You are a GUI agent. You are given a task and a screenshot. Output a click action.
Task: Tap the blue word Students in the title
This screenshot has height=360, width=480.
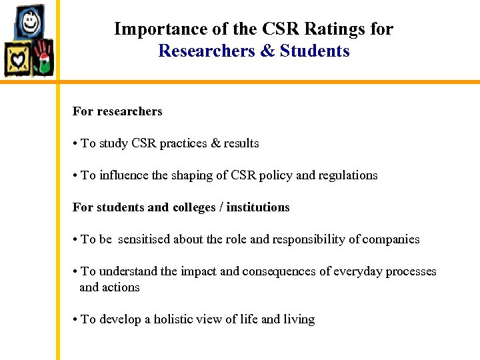pos(315,51)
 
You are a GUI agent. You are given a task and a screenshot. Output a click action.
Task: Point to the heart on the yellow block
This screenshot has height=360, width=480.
pos(17,59)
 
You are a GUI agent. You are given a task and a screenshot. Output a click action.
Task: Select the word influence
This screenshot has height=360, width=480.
pos(125,175)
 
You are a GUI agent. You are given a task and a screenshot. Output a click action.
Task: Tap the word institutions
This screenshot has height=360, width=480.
pos(258,207)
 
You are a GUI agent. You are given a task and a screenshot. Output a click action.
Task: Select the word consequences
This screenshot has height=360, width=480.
pos(267,271)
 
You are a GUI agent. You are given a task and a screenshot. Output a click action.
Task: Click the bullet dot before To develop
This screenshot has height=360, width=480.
pos(75,319)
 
